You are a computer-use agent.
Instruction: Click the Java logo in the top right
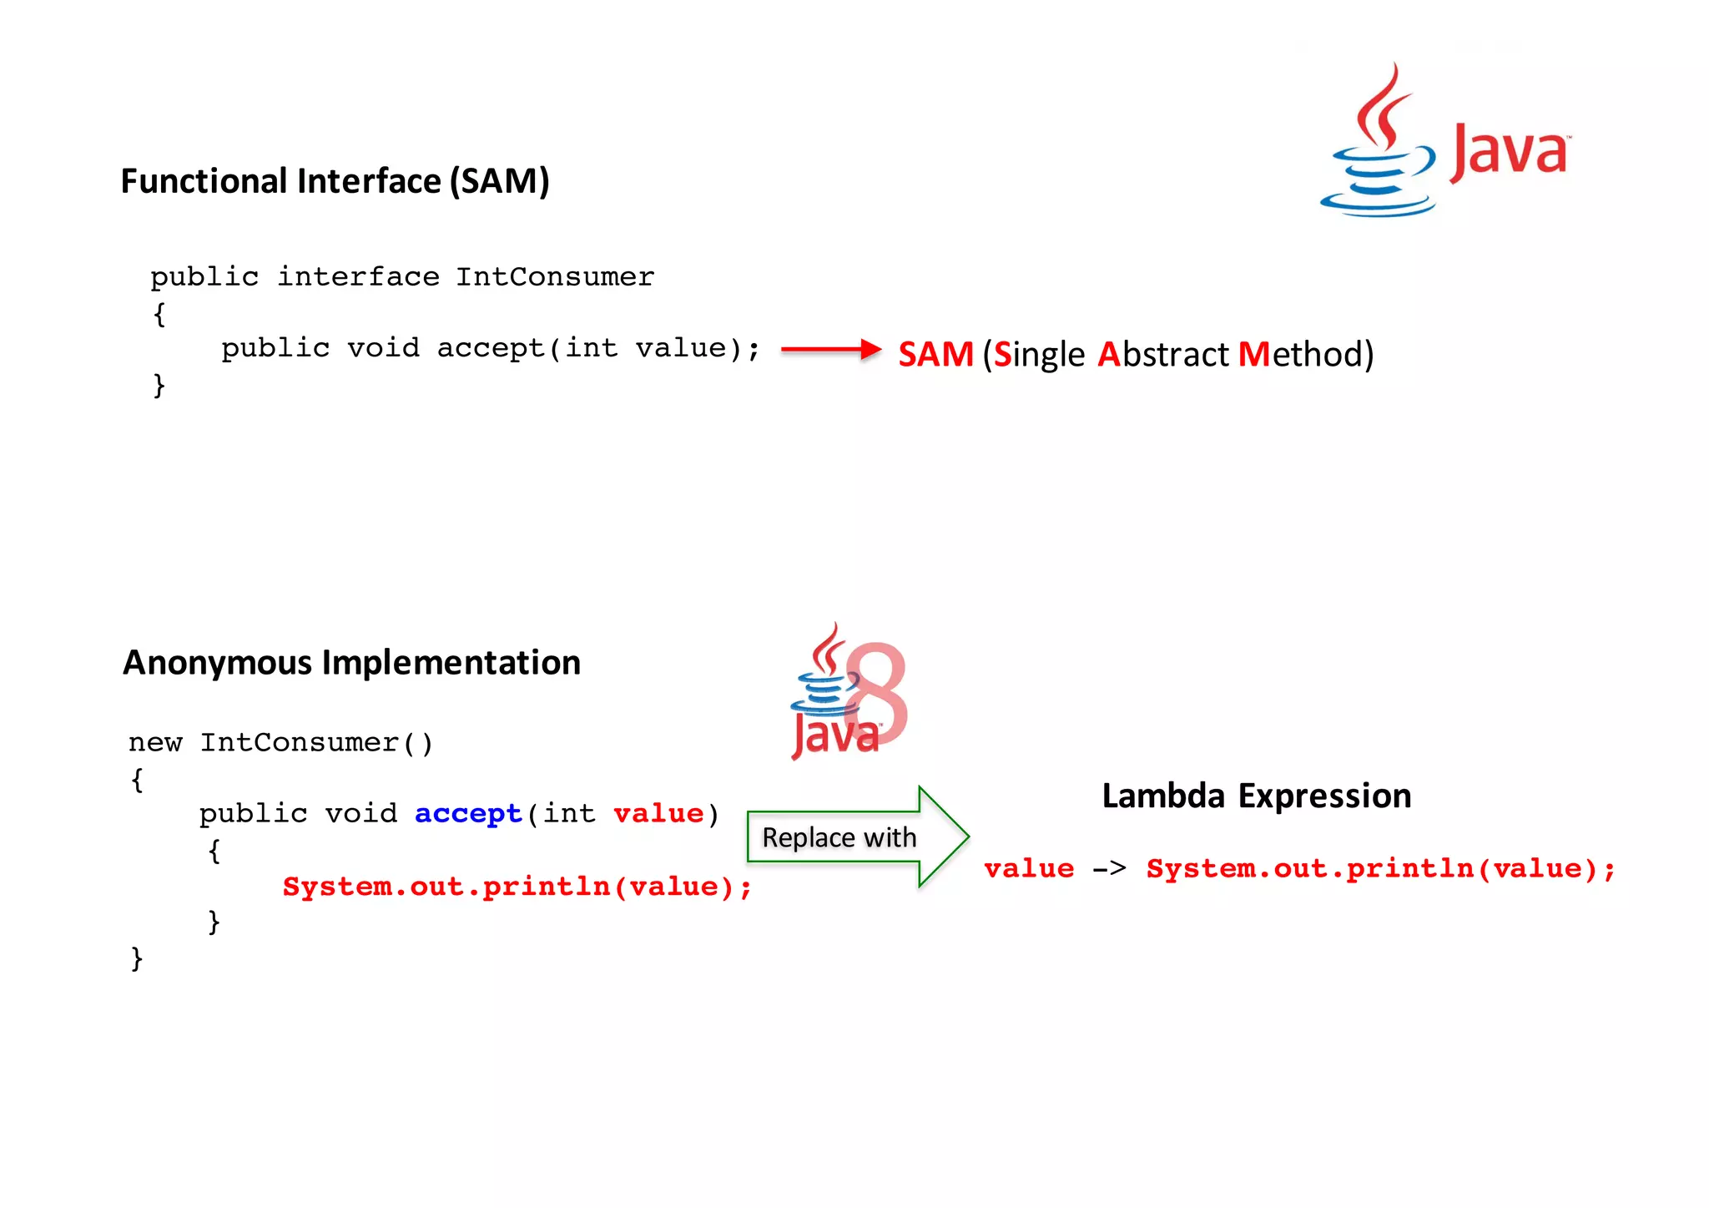pos(1444,142)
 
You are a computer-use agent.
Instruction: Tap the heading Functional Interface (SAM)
pos(335,181)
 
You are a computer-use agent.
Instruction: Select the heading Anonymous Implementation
pos(351,663)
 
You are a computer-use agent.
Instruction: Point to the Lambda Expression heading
pos(1256,796)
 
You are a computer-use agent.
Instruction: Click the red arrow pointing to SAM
pos(830,349)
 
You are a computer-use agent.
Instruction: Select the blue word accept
pos(468,813)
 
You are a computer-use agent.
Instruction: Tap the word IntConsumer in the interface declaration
pos(555,276)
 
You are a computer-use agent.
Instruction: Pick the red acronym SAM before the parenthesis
pos(935,355)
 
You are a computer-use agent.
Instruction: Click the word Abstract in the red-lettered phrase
pos(1163,355)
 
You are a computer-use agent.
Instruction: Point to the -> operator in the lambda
pos(1110,869)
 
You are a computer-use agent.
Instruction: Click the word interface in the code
pos(358,276)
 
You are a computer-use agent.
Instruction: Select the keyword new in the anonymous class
pos(155,742)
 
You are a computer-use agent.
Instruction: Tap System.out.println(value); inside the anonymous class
pos(517,887)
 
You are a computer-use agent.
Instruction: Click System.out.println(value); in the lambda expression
pos(1380,869)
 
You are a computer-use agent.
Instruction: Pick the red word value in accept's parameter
pos(658,813)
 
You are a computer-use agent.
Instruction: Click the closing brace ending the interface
pos(159,386)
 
